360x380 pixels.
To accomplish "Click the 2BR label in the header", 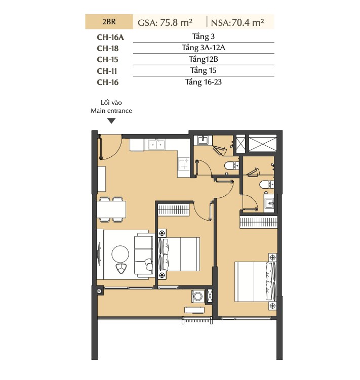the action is point(109,22).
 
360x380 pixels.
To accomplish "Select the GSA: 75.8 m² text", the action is point(165,23).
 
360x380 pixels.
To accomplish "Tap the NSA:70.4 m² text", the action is point(237,23).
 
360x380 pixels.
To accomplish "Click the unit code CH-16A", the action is point(110,37).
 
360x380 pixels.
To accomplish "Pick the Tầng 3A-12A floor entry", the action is point(204,48).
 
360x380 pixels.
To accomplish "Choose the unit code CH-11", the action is point(107,71).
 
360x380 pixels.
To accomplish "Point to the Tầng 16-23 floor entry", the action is point(204,82).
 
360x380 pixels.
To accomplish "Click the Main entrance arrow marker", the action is point(111,121).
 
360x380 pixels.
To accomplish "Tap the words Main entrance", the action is point(111,111).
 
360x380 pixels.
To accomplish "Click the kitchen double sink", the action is point(156,145).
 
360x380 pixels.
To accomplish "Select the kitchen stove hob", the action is point(184,163).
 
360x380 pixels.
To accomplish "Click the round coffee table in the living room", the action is point(120,254).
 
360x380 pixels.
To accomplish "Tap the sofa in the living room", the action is point(144,255).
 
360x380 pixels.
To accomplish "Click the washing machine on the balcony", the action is point(198,296).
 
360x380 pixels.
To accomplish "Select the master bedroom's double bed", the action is point(256,281).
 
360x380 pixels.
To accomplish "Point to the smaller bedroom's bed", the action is point(179,254).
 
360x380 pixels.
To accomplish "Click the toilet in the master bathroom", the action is point(266,185).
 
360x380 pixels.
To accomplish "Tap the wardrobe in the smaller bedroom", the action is point(174,209).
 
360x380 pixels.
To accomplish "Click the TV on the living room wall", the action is point(99,254).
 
